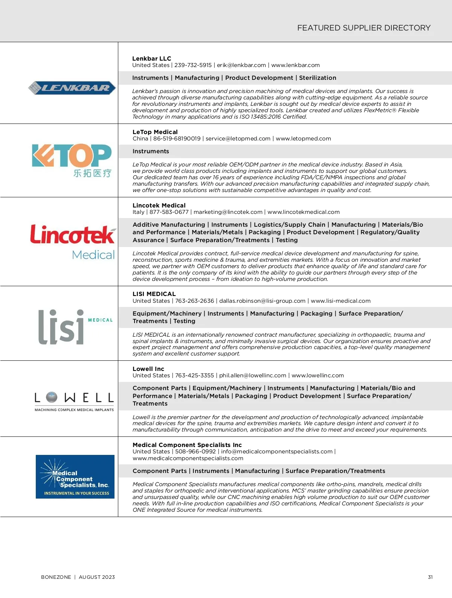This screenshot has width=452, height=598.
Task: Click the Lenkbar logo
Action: point(72,88)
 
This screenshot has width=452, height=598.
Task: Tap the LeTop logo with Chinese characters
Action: point(72,160)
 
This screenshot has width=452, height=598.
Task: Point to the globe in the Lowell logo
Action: point(52,397)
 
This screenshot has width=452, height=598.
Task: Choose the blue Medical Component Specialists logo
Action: point(75,477)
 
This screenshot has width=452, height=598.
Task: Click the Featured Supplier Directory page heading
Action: point(363,28)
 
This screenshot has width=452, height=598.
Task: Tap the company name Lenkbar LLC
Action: point(151,58)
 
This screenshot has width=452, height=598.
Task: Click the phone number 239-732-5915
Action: point(193,65)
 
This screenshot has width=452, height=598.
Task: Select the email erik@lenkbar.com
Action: point(241,65)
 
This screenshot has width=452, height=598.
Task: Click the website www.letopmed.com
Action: point(303,139)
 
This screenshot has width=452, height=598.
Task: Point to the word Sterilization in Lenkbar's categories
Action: point(318,78)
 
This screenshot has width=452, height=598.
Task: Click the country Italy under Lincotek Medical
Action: point(138,212)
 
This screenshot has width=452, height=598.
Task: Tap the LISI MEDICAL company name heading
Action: point(154,294)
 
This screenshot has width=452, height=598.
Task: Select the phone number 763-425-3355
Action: point(194,375)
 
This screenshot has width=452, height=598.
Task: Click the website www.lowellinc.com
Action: point(318,375)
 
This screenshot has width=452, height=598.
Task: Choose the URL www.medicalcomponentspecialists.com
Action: point(188,458)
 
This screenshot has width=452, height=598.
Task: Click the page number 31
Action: point(430,577)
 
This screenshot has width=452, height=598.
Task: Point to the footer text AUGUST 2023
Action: point(97,577)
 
